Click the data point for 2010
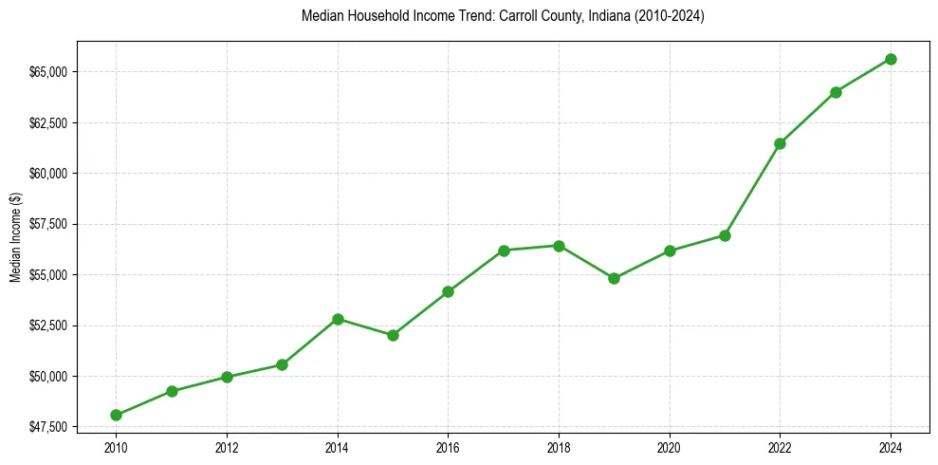116,415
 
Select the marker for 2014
338,319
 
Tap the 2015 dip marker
393,335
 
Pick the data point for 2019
614,278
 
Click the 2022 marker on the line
780,143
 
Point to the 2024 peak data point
891,59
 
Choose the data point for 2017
504,251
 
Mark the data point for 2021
725,235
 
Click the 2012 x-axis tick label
227,446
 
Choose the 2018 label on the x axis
559,446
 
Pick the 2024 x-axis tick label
891,446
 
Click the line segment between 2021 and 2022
752,190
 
